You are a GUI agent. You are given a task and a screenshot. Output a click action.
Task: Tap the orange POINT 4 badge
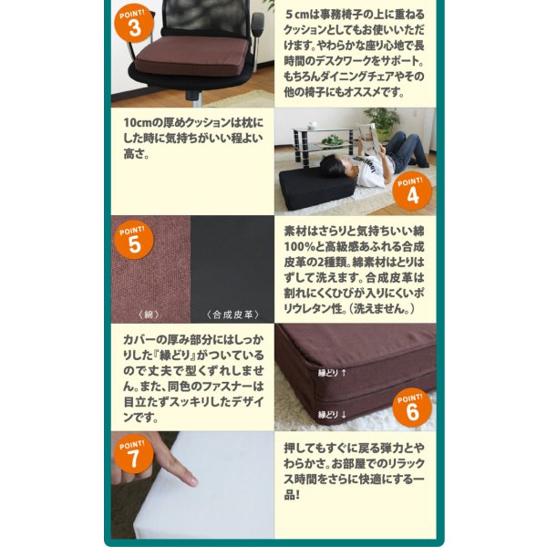(x=412, y=192)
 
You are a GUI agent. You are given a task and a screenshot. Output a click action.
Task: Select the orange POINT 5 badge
(x=134, y=241)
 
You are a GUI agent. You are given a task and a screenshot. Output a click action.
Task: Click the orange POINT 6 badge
(x=412, y=408)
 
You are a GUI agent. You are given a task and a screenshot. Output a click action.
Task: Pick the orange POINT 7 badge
(x=134, y=454)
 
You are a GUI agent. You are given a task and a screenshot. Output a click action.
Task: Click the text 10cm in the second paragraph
(x=138, y=120)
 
